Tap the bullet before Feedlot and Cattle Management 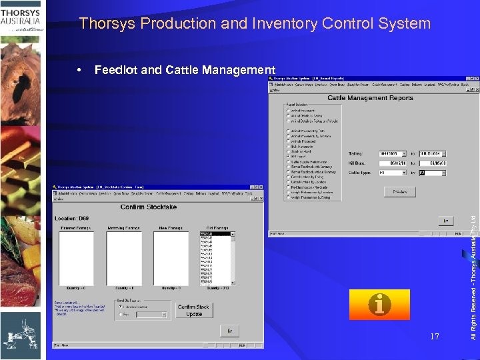click(x=81, y=70)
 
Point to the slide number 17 click(x=435, y=337)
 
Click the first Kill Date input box click(x=392, y=162)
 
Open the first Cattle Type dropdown click(x=404, y=172)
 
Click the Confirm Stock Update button click(x=194, y=310)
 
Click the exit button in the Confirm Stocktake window click(x=229, y=330)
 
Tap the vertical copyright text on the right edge click(x=473, y=267)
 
